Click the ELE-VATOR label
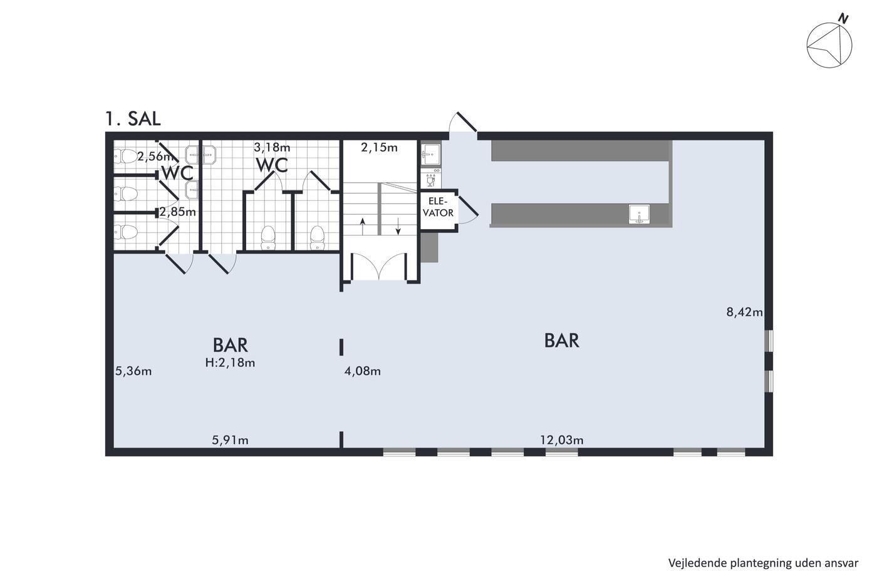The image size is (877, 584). tap(438, 207)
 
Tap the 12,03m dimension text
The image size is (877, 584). tap(562, 440)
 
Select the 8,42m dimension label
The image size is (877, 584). tap(745, 312)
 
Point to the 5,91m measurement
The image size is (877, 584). tap(231, 440)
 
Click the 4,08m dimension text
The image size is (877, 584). tap(363, 371)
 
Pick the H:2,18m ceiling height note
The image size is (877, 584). tap(231, 362)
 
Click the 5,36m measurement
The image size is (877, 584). tap(133, 371)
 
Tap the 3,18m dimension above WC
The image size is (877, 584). tap(272, 147)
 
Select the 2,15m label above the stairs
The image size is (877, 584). tap(380, 147)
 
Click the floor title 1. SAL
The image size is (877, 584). tap(133, 118)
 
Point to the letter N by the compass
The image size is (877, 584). tap(843, 19)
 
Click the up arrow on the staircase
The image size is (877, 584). tap(363, 226)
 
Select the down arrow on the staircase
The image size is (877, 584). tap(398, 226)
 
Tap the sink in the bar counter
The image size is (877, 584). tap(639, 214)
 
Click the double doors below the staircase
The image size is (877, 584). tap(379, 267)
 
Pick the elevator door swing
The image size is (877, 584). tap(468, 210)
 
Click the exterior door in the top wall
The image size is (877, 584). tap(463, 123)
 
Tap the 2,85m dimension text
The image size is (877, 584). tap(177, 212)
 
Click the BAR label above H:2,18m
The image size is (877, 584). tap(231, 345)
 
